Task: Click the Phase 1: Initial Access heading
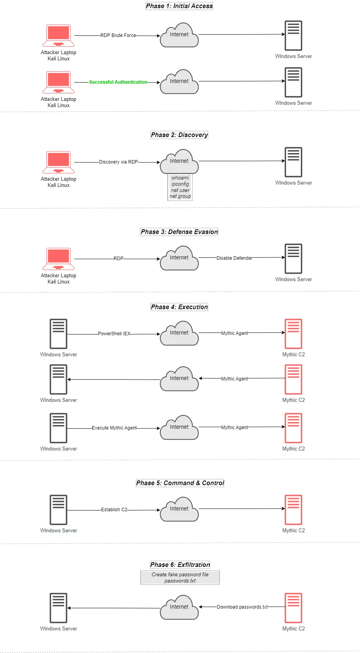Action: [x=179, y=6]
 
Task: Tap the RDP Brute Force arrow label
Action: [x=118, y=35]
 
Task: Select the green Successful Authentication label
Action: [x=118, y=82]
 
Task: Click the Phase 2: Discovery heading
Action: [x=179, y=135]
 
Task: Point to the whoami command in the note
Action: [x=180, y=178]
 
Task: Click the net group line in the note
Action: [x=180, y=196]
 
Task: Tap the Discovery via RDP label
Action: [x=118, y=162]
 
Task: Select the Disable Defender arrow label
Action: [x=234, y=258]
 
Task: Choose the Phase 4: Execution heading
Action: [x=179, y=307]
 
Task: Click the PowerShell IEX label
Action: [x=114, y=334]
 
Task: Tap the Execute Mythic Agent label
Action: [x=114, y=428]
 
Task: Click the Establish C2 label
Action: [x=114, y=510]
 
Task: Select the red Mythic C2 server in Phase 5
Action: [x=293, y=510]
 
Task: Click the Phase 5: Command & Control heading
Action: [x=180, y=483]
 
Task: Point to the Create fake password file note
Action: [x=180, y=577]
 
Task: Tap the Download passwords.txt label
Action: [x=242, y=607]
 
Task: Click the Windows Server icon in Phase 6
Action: [x=58, y=608]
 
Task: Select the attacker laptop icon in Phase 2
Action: [x=58, y=162]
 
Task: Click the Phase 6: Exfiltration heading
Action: [x=180, y=565]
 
